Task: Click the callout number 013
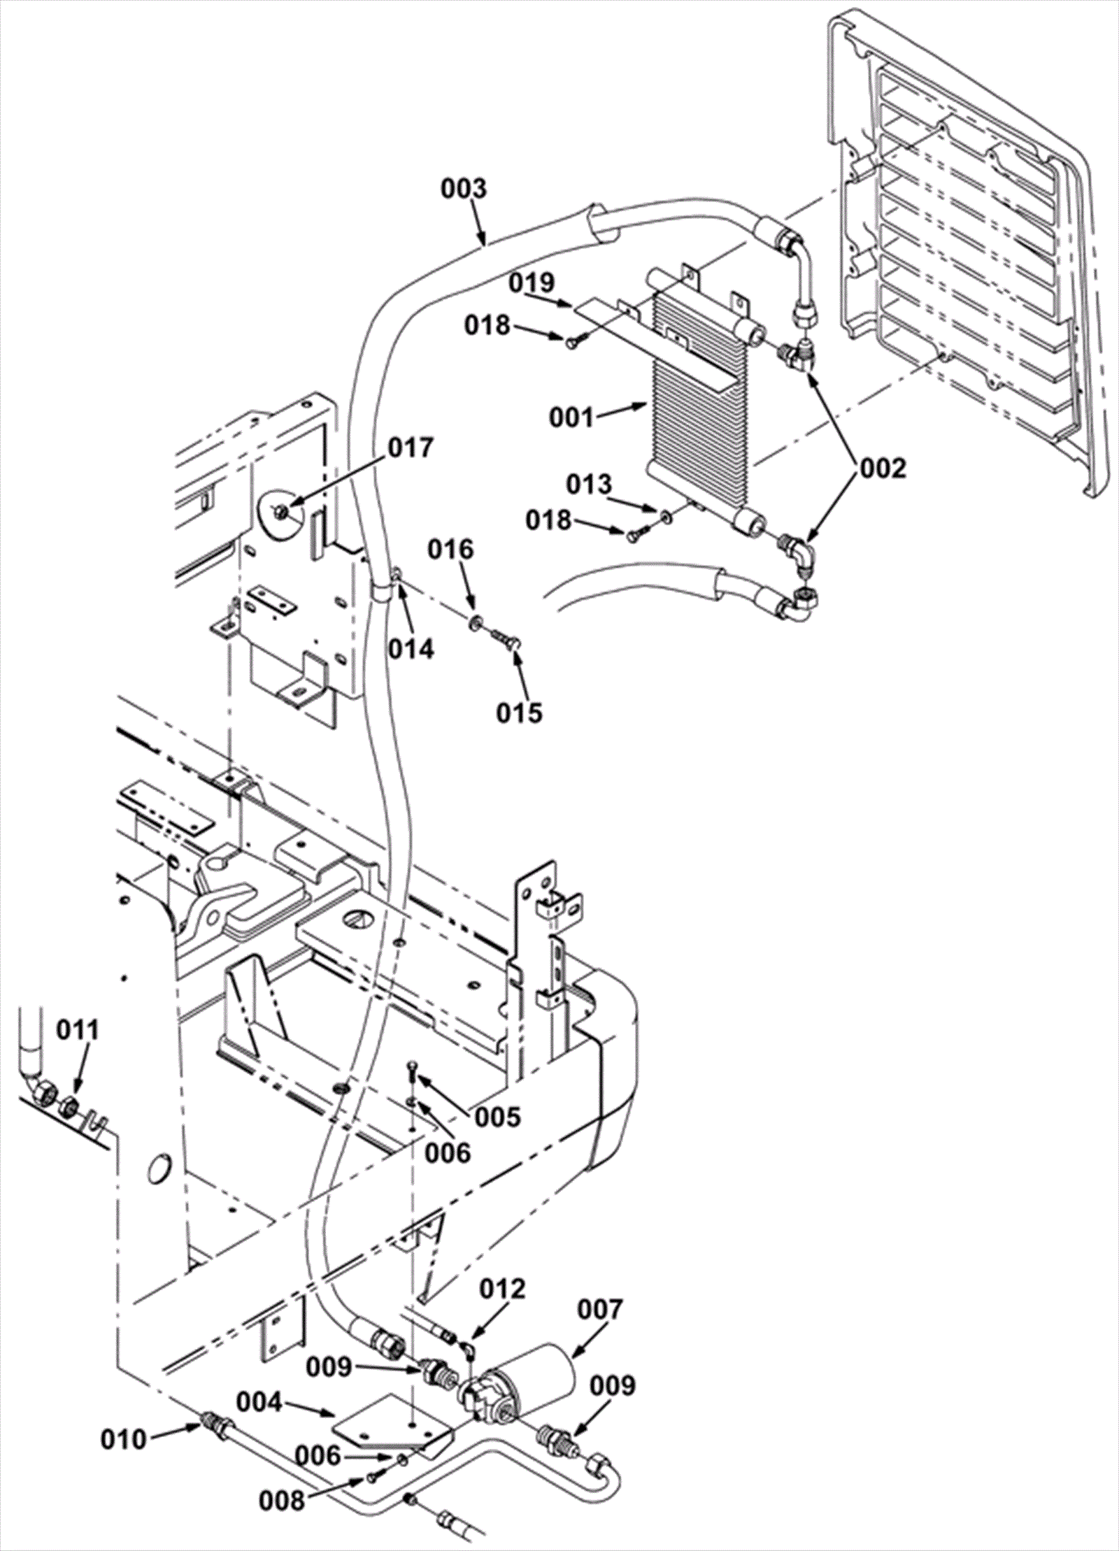click(589, 484)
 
